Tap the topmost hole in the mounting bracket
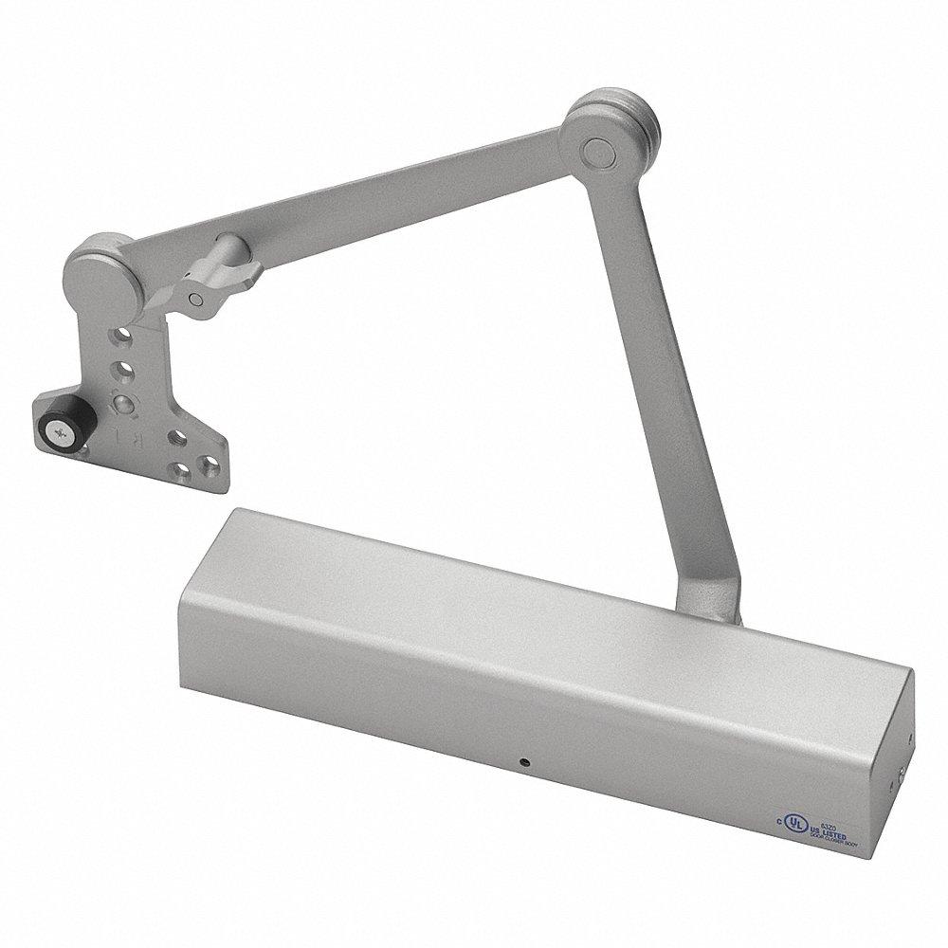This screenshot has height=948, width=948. tap(123, 337)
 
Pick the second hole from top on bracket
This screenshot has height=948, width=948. tap(124, 369)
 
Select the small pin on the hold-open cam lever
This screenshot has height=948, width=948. tap(194, 298)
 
